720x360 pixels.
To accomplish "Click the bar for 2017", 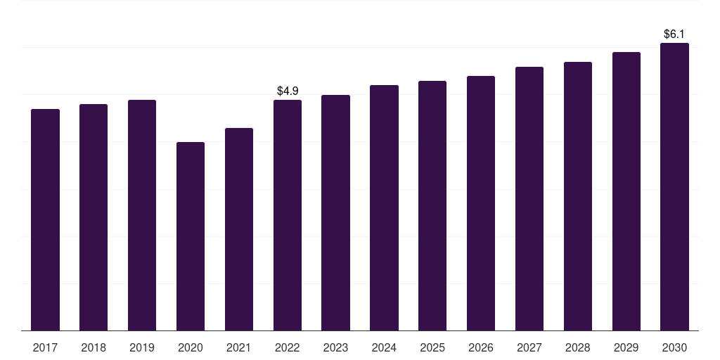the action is (45, 219).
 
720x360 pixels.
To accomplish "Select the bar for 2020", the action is (191, 236).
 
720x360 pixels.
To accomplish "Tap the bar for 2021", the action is (239, 229).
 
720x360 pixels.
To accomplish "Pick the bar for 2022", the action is (288, 215).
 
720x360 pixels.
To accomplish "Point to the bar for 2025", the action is (432, 206).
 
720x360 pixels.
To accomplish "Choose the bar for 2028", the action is (578, 196).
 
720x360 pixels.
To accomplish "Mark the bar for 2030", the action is (674, 186).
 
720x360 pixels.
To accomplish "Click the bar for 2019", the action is (142, 215).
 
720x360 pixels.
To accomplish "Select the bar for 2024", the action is (384, 207).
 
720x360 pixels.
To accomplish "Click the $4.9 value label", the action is (288, 91).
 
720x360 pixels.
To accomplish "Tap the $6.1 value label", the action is (674, 34).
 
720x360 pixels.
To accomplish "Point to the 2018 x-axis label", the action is (94, 347).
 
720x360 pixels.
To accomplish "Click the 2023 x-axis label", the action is (335, 347).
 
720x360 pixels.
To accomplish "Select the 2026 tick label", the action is (481, 347).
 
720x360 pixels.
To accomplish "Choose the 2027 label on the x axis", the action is (529, 347).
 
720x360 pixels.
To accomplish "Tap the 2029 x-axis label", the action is (626, 347).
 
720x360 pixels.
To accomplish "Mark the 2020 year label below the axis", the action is (191, 347).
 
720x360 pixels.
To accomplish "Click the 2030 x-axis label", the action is (674, 347).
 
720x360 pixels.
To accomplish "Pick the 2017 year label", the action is (45, 347).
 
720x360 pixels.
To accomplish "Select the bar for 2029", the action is (626, 191).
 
